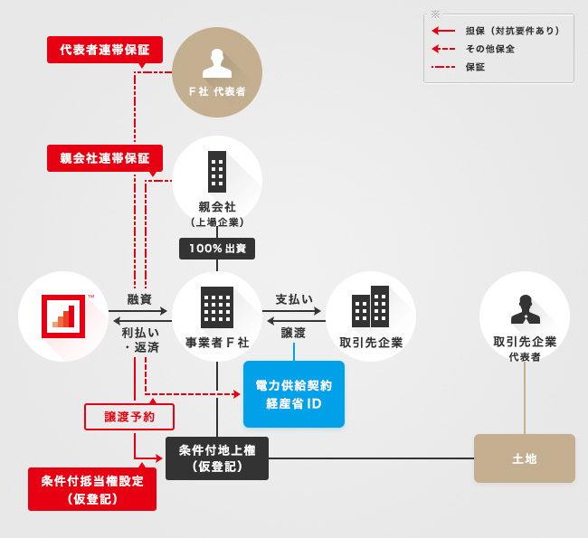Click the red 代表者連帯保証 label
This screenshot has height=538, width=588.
[x=105, y=50]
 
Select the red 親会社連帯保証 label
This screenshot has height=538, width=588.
[x=105, y=158]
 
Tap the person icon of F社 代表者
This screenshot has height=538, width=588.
[x=217, y=63]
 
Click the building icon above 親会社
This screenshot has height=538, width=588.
[x=217, y=171]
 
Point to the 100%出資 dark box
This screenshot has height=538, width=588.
[x=217, y=248]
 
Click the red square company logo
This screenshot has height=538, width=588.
[x=63, y=316]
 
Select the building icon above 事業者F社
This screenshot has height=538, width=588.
[x=217, y=307]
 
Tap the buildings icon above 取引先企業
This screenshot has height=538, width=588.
[x=371, y=307]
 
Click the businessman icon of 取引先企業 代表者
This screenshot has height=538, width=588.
[x=525, y=308]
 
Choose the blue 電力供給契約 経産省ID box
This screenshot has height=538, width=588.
[x=294, y=394]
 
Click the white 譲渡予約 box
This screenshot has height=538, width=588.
[x=129, y=417]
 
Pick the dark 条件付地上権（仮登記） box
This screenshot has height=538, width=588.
[x=217, y=458]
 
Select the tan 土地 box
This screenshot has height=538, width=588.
[x=525, y=458]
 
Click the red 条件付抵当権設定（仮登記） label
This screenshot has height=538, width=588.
[x=92, y=489]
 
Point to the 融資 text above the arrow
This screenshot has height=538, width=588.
[x=139, y=298]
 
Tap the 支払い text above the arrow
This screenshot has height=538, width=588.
[x=294, y=298]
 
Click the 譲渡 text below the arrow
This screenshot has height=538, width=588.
[x=294, y=333]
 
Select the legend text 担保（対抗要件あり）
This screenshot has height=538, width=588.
[x=512, y=31]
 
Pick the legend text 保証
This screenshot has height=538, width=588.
[x=476, y=67]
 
